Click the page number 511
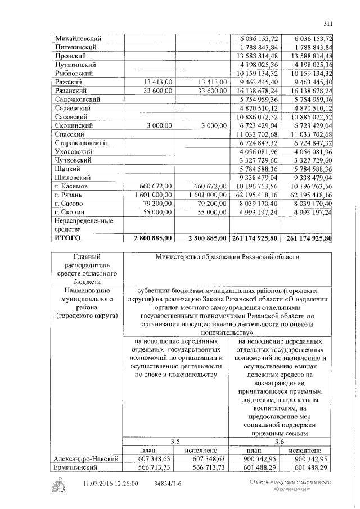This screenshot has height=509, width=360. [328, 24]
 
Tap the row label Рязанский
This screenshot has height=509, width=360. [70, 91]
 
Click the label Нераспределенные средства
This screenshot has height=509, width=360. [80, 225]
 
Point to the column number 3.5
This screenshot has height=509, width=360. [175, 442]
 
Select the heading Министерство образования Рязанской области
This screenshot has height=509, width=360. [228, 257]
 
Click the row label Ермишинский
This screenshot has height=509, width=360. [76, 469]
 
